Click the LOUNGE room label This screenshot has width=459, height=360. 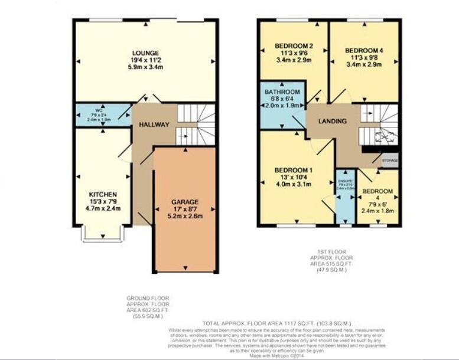coord(145,53)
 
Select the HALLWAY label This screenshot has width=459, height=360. coord(154,125)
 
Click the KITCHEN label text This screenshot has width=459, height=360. coord(103,194)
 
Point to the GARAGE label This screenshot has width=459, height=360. coord(184,201)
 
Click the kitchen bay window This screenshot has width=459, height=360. coord(103,234)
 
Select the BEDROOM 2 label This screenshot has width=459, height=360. coord(294,46)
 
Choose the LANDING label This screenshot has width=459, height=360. coord(332,121)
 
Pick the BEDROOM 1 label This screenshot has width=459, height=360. coord(294,171)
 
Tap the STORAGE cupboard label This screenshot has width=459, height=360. coord(389,161)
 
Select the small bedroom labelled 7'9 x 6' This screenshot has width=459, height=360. coord(377,198)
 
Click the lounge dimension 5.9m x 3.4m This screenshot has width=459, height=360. coord(145,67)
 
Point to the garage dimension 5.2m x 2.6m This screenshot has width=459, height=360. coord(184,216)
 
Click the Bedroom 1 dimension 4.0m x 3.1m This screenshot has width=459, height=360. coord(294,185)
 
